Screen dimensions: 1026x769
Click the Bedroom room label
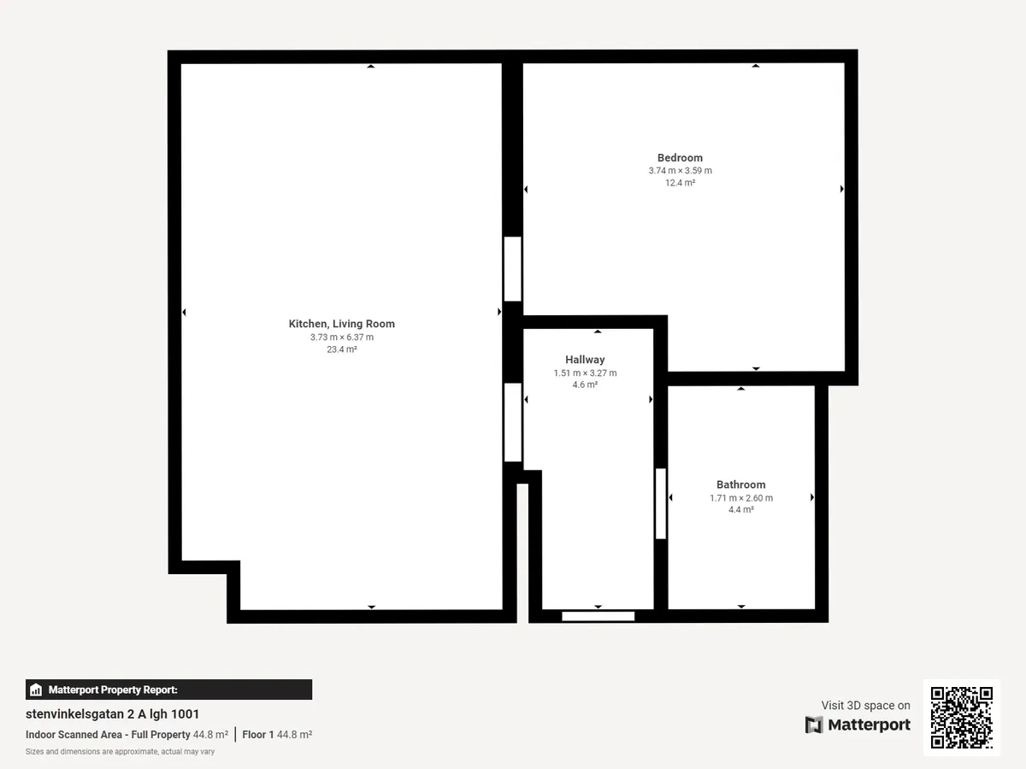point(680,158)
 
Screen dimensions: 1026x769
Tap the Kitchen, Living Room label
point(342,324)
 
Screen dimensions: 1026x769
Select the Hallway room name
point(585,360)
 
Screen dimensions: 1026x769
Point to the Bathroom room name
point(741,484)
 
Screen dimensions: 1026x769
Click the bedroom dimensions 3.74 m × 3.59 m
point(680,170)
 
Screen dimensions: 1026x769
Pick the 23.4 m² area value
point(342,349)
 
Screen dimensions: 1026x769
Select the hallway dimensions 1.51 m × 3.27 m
point(585,373)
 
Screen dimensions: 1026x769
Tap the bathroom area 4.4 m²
point(741,509)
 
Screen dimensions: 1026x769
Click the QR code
point(962,717)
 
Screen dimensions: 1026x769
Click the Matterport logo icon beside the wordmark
point(814,725)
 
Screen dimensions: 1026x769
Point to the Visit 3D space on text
point(865,705)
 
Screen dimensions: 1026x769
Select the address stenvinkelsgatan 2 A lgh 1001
point(112,714)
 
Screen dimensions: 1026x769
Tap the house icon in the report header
point(36,690)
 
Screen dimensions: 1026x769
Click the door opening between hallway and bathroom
point(660,503)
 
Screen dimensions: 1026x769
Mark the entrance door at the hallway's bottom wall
point(598,616)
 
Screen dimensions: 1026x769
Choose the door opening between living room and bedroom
point(513,269)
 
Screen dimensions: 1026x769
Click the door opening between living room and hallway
point(513,423)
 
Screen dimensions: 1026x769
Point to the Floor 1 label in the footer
point(257,735)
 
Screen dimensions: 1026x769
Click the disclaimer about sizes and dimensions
point(121,752)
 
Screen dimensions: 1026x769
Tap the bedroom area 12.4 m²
point(680,183)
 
